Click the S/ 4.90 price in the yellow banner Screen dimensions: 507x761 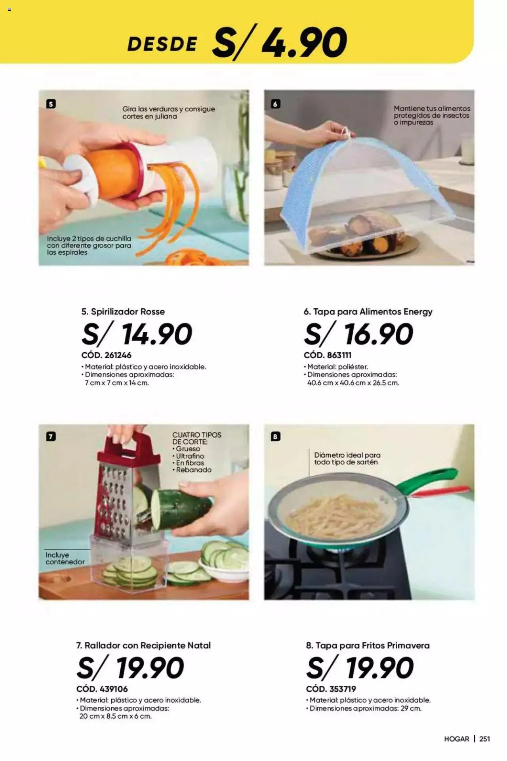pos(280,42)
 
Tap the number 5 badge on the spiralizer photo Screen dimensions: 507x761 pos(51,104)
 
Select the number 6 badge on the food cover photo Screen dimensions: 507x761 pos(275,104)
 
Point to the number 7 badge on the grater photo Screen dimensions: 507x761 pos(51,437)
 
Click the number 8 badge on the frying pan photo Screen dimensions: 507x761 pos(275,437)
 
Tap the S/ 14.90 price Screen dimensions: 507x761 pos(137,334)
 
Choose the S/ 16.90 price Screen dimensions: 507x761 pos(358,334)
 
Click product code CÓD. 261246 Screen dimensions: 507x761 pos(106,355)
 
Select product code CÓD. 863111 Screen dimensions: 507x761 pos(328,355)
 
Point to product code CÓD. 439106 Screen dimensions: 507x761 pos(102,689)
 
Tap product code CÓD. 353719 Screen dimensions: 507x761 pos(331,689)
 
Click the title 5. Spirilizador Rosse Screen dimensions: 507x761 pos(123,312)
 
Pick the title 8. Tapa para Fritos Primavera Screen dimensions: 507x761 pos(368,645)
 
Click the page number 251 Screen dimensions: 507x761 pos(485,739)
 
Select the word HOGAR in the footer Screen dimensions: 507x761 pos(457,739)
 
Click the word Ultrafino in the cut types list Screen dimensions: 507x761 pos(190,456)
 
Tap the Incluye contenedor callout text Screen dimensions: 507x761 pos(65,558)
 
